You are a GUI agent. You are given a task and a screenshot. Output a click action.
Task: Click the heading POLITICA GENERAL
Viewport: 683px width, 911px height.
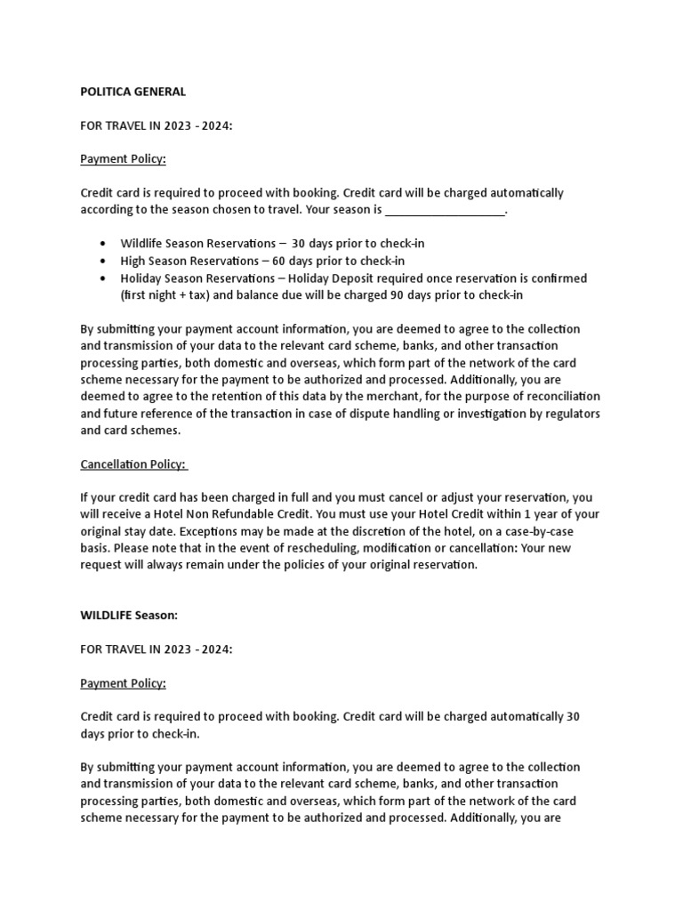point(133,92)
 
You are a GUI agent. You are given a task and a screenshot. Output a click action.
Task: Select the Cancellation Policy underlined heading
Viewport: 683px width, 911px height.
point(133,464)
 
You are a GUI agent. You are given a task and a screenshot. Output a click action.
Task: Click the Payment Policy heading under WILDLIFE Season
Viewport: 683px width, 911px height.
point(123,683)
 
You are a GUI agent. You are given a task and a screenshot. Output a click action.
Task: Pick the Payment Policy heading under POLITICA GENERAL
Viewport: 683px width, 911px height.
point(123,159)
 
